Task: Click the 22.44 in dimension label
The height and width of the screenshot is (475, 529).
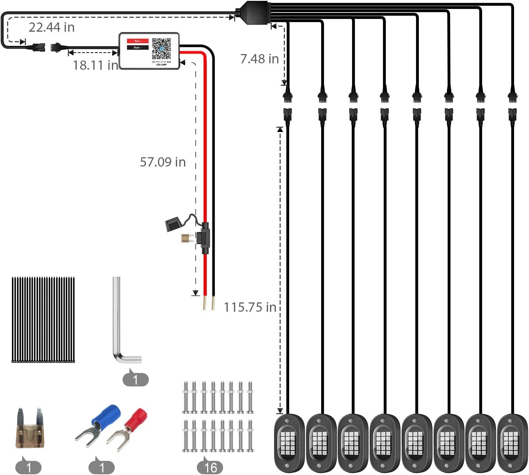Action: pos(52,27)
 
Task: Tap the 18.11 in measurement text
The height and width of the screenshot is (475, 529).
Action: pos(95,65)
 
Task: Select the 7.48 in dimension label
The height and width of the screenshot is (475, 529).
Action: pos(259,59)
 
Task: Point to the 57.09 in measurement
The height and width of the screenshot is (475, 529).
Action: pos(163,162)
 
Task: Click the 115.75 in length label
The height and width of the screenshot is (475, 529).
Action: pos(250,307)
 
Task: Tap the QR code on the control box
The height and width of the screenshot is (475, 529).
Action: pos(161,49)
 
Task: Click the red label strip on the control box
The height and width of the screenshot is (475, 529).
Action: pos(137,41)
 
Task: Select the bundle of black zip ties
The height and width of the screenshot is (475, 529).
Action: pos(43,320)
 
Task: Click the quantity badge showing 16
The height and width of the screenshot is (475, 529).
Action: pos(210,467)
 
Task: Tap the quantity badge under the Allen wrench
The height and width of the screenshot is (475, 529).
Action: pos(135,379)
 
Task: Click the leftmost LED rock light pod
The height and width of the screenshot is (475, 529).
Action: pos(289,443)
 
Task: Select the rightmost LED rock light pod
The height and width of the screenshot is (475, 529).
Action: pos(512,443)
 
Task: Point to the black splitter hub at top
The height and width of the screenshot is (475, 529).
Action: pos(254,12)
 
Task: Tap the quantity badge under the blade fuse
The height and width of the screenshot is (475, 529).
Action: pos(28,467)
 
